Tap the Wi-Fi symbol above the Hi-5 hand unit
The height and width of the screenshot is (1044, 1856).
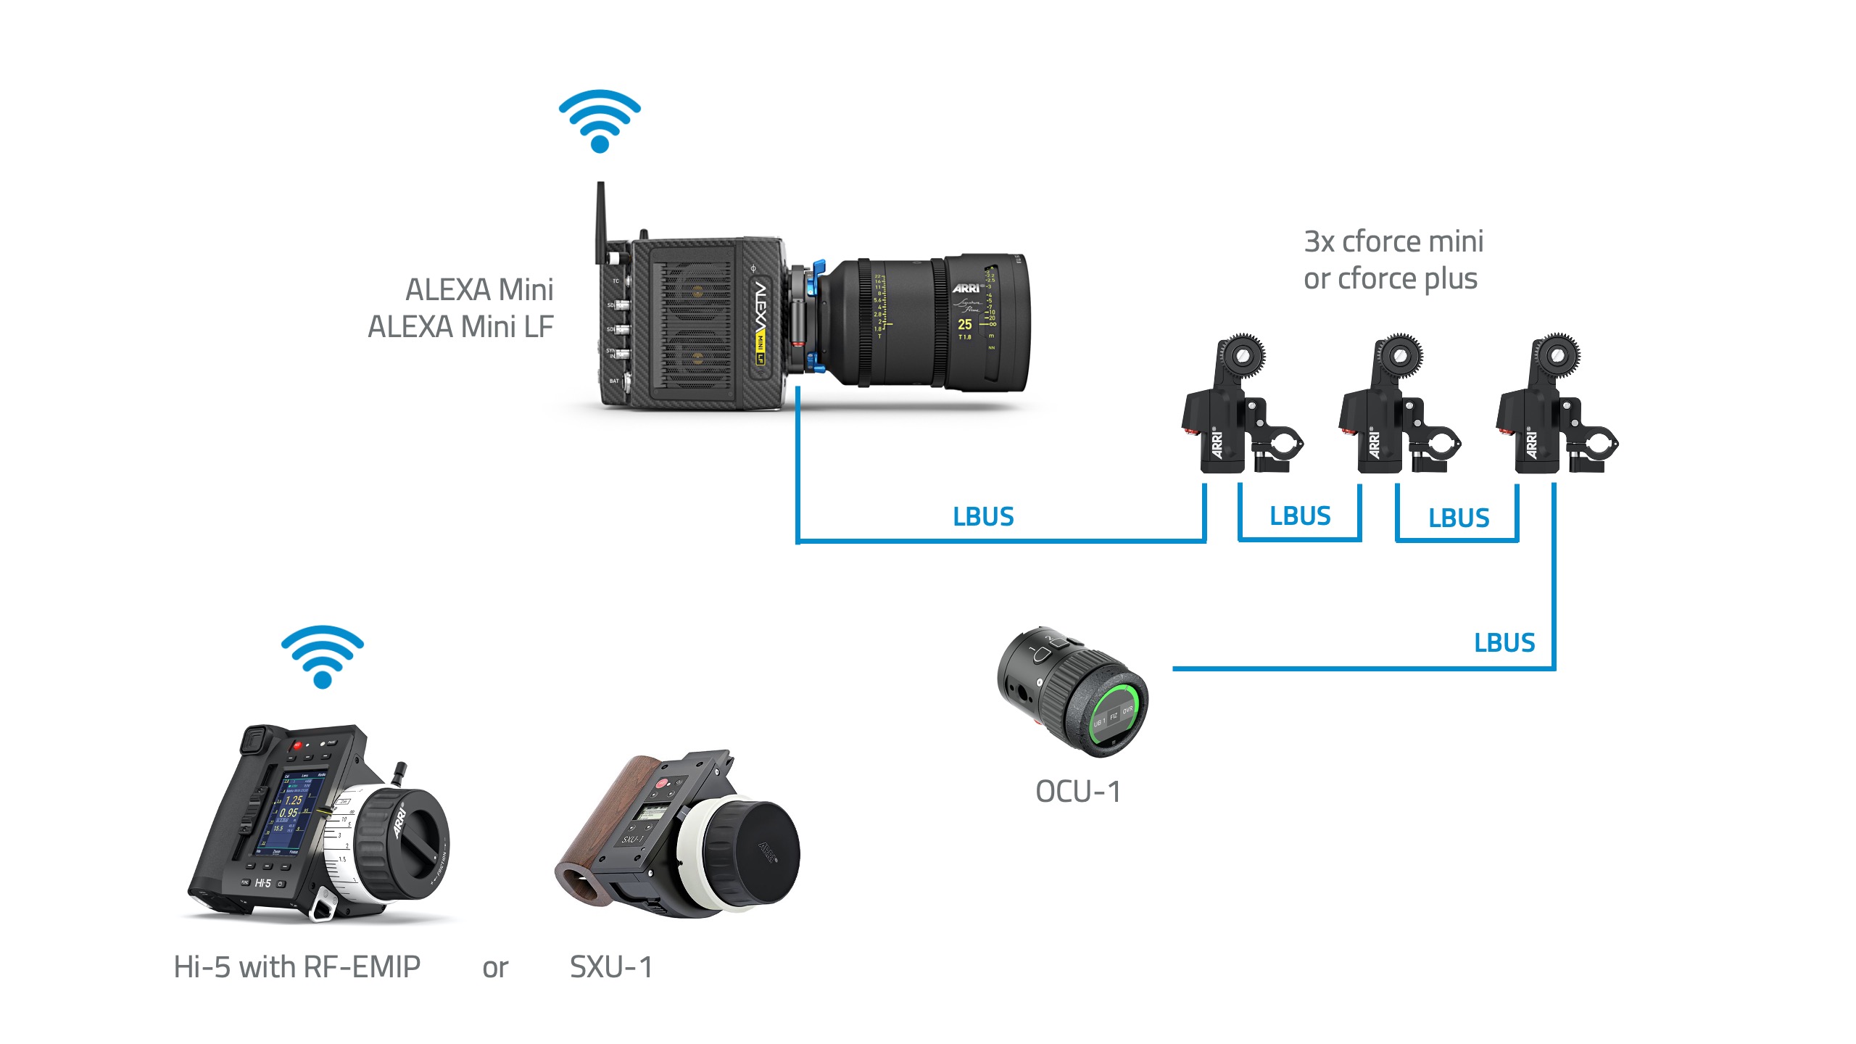pos(323,657)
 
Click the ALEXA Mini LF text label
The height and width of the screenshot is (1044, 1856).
pos(460,327)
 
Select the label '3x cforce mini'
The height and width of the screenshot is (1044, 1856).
pos(1393,241)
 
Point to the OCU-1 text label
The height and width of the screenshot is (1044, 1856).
pos(1078,792)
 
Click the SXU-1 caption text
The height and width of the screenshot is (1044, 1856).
pos(610,967)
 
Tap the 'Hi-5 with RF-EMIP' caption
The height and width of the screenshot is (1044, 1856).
pos(297,967)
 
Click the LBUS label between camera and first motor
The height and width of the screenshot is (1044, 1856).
pos(983,516)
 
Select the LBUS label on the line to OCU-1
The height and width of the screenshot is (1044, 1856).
pos(1504,642)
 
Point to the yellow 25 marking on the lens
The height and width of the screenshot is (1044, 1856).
pos(965,324)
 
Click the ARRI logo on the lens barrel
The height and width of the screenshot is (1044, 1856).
pos(966,288)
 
